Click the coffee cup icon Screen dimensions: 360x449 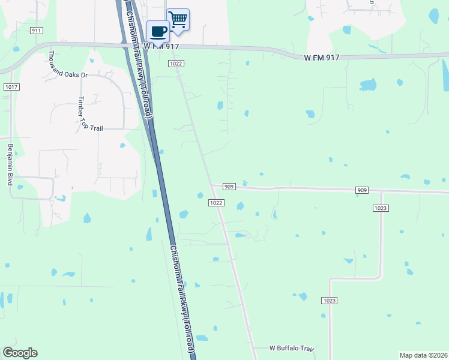[158, 31]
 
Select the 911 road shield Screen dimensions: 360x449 [37, 30]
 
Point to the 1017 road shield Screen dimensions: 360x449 [10, 87]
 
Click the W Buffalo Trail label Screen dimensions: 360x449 [291, 348]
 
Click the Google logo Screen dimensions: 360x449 [20, 353]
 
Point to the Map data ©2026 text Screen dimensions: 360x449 [423, 355]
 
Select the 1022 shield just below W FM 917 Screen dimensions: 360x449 [176, 64]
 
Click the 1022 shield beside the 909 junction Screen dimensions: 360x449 [217, 203]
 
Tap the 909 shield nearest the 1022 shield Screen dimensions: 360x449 [229, 187]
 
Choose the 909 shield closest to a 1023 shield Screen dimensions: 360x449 [362, 190]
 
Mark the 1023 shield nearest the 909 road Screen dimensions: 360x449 [379, 208]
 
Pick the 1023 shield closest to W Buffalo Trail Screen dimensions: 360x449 [328, 301]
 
